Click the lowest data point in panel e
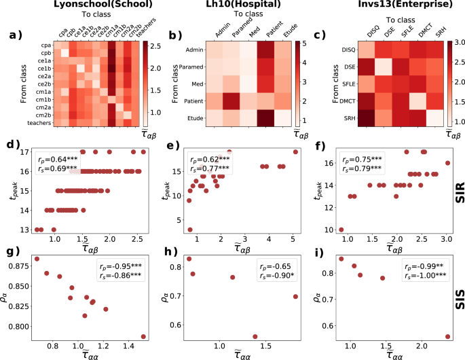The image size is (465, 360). tap(189, 230)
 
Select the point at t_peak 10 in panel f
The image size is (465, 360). tap(341, 230)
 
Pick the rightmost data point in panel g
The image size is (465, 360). tap(143, 336)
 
